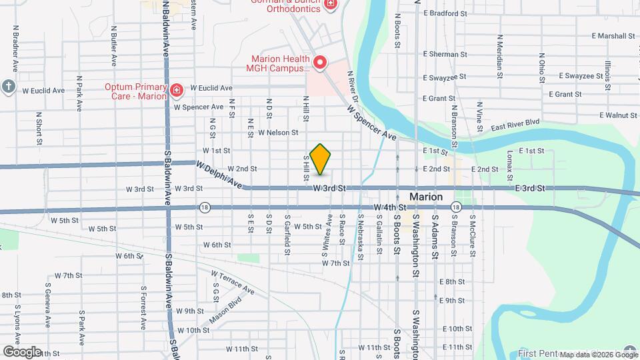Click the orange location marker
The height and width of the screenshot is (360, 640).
321,159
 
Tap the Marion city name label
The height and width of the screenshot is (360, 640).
425,197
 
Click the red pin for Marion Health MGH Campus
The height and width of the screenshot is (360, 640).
320,63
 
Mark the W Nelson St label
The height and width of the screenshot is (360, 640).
278,133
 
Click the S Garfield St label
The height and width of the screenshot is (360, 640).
287,235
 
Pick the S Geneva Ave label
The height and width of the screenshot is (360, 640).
48,305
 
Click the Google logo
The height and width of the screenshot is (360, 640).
22,351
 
